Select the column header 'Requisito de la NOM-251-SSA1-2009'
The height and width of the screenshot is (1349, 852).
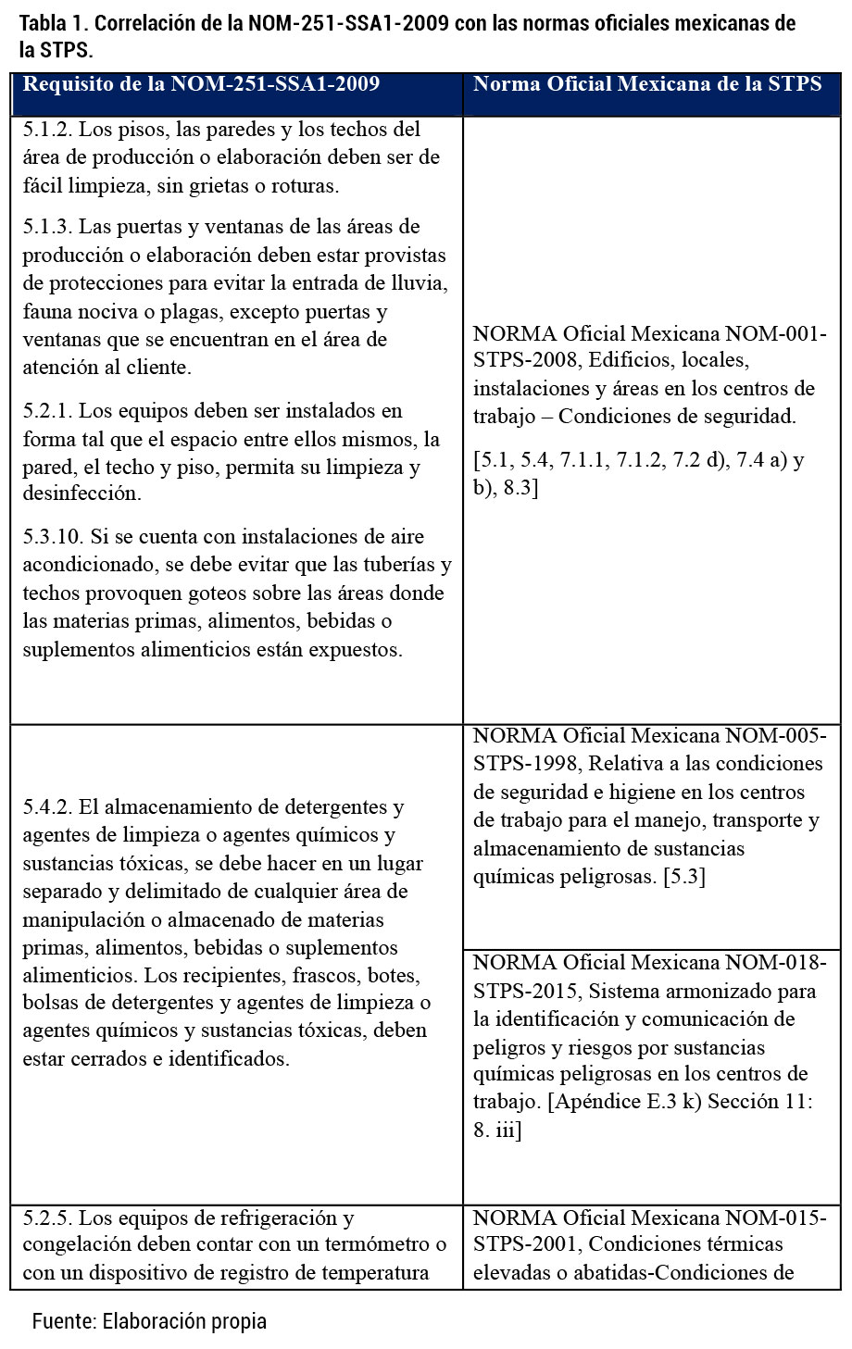201,84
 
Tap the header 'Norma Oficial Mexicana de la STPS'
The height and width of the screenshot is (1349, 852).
647,84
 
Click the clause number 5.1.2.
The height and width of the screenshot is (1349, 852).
47,130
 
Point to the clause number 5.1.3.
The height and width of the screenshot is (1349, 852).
47,227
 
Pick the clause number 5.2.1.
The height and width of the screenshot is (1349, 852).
47,411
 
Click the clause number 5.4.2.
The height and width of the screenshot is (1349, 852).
47,807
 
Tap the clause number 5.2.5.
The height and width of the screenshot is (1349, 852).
47,1218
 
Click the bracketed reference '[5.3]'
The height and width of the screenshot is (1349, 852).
684,877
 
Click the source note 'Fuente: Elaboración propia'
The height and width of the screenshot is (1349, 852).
149,1321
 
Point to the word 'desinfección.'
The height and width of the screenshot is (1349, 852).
82,493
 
